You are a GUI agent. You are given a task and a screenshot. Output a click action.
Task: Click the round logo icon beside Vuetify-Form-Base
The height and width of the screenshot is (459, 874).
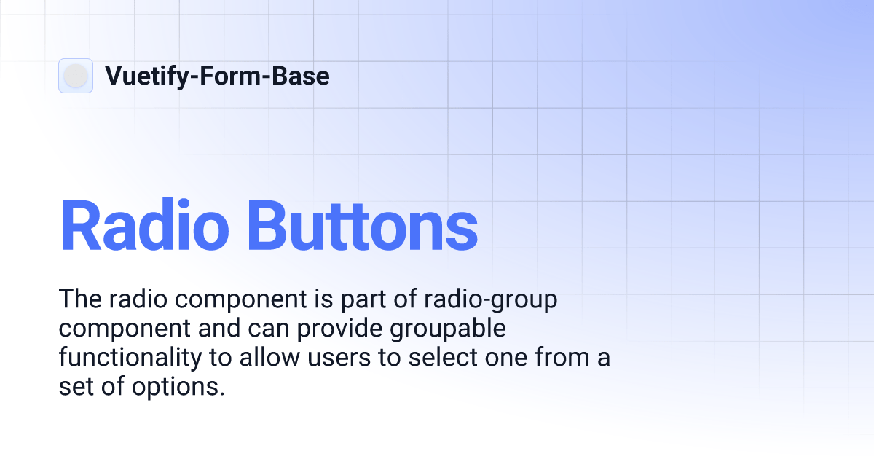[x=76, y=76]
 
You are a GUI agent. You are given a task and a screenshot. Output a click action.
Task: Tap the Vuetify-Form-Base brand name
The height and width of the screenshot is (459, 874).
[x=217, y=76]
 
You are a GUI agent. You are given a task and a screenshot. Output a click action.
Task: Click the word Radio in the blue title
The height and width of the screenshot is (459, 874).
[x=144, y=226]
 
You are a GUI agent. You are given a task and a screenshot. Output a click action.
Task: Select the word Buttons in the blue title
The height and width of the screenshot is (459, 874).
[x=361, y=226]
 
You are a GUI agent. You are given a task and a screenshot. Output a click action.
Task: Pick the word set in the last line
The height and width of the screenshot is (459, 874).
[x=75, y=388]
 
